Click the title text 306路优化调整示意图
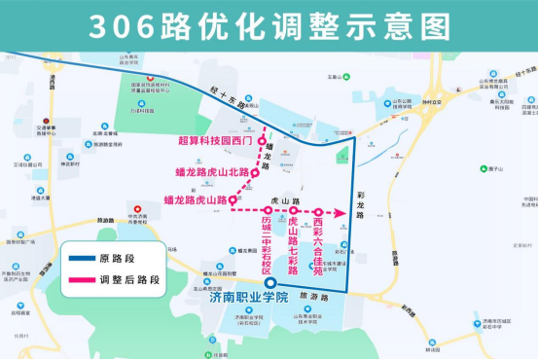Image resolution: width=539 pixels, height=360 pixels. click(x=269, y=24)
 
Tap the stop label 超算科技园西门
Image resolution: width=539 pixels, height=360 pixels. click(x=216, y=140)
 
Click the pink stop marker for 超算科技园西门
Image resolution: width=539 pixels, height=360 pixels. click(x=261, y=140)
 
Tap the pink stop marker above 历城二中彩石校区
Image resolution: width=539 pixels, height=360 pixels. click(x=269, y=210)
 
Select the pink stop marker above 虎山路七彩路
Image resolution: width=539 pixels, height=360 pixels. click(x=293, y=210)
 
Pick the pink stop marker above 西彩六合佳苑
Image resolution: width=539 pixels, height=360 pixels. click(x=318, y=210)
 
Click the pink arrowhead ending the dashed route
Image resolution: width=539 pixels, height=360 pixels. click(x=343, y=210)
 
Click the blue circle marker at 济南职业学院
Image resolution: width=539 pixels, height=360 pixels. click(x=270, y=284)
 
